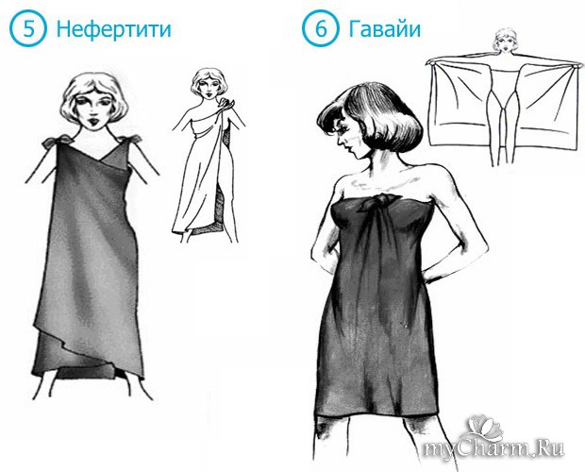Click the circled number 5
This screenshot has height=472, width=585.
27,28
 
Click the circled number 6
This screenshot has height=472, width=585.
321,28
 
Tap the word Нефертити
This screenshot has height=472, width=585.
113,29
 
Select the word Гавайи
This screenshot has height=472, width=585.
385,28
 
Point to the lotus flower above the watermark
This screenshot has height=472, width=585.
482,428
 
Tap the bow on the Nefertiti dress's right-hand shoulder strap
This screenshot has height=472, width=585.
129,139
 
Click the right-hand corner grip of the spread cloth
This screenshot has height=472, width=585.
577,65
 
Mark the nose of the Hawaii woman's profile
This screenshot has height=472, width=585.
339,141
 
